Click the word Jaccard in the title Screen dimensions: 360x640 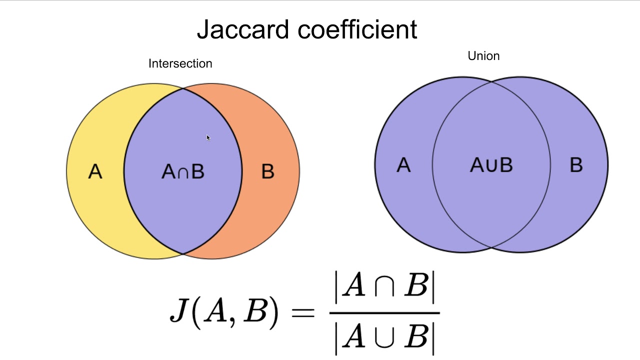tap(243, 29)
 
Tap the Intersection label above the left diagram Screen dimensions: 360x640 tap(180, 63)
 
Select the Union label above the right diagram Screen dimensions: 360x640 tap(483, 56)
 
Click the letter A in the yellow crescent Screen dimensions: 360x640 tap(95, 172)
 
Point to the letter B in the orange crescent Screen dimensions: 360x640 tap(267, 172)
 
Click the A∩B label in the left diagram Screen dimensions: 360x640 tap(183, 172)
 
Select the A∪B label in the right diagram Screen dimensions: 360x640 tap(491, 165)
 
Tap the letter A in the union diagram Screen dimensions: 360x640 tap(403, 165)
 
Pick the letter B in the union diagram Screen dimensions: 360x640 tap(576, 165)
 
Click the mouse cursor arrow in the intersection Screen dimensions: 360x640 tap(208, 137)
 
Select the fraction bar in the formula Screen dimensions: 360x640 tap(384, 313)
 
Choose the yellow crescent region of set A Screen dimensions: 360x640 tap(95, 210)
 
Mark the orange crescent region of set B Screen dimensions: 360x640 tap(270, 210)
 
